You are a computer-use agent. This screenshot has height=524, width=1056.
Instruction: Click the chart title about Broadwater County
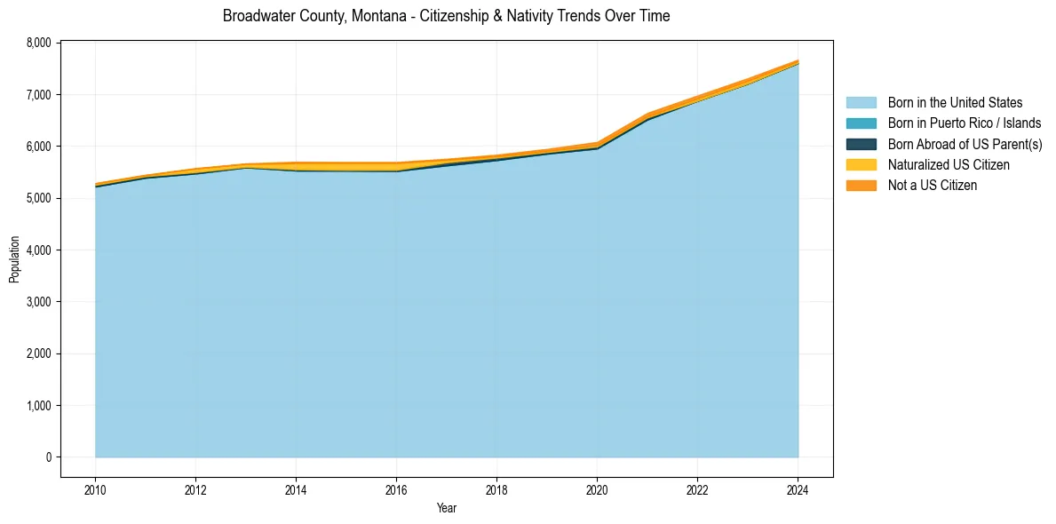click(x=446, y=16)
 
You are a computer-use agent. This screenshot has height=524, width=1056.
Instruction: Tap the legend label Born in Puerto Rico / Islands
click(x=964, y=123)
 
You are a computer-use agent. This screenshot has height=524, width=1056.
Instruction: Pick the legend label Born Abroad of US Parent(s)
click(x=965, y=144)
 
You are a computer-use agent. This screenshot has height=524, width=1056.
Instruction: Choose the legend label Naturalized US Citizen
click(x=949, y=165)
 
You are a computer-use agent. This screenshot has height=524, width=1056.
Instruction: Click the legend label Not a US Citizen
click(x=932, y=186)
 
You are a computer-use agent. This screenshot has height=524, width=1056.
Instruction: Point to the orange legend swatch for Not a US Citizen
click(x=861, y=186)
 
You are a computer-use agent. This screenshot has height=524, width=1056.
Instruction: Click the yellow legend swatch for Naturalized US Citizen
click(x=861, y=165)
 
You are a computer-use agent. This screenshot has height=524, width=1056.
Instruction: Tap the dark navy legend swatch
click(x=861, y=144)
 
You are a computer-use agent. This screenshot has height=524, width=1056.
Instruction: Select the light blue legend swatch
click(x=861, y=103)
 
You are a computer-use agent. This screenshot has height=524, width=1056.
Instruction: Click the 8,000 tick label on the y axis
click(x=38, y=43)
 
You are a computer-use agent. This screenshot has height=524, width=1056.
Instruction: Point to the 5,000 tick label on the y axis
click(x=38, y=198)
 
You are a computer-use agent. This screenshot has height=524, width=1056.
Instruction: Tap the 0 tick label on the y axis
click(x=48, y=457)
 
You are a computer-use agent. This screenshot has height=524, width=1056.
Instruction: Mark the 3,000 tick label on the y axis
click(x=38, y=302)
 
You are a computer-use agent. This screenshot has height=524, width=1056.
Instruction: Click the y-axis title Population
click(x=14, y=259)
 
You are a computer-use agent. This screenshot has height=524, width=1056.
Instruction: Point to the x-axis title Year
click(x=447, y=508)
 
